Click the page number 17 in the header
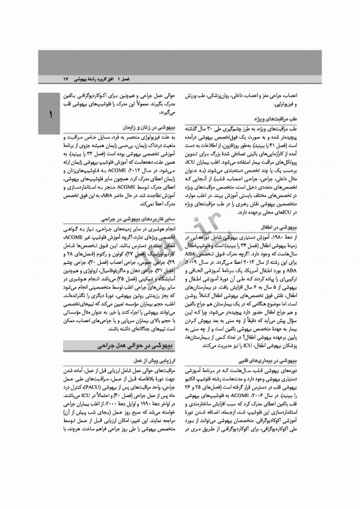coord(66,78)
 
